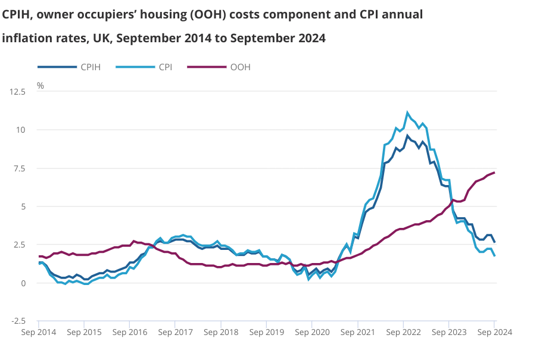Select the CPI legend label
(166, 67)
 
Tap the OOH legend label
(241, 67)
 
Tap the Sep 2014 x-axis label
(39, 332)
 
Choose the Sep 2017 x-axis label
(175, 332)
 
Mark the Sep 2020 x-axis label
(312, 332)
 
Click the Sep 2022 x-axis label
(403, 332)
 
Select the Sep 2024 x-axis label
(494, 332)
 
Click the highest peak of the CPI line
(407, 112)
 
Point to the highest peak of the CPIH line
(407, 136)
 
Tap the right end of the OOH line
(495, 173)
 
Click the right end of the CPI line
(495, 255)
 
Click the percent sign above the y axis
(40, 85)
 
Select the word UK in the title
(104, 39)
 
